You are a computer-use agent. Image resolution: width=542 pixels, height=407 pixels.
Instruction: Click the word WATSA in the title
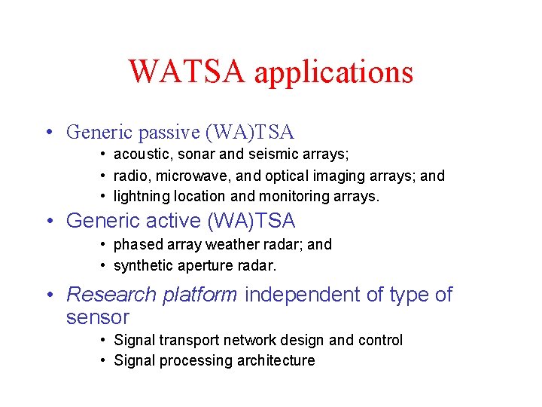(x=187, y=72)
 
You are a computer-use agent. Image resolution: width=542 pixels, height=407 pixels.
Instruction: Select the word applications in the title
(x=333, y=74)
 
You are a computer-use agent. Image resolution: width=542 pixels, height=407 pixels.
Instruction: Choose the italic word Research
(x=111, y=295)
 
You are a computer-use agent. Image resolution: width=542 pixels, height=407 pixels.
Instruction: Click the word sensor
(x=98, y=317)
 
